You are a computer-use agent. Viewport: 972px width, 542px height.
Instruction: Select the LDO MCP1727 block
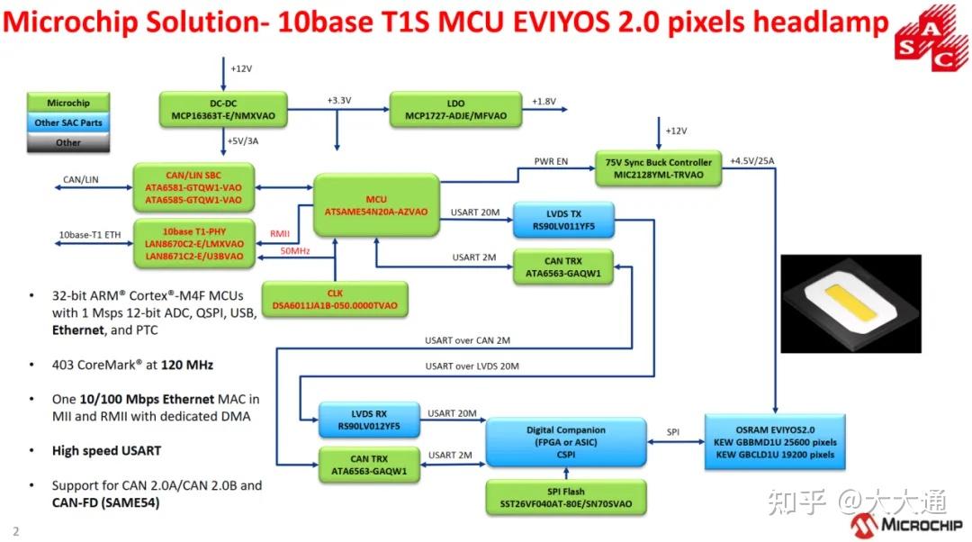point(456,109)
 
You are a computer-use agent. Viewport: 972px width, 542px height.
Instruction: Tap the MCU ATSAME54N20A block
point(376,204)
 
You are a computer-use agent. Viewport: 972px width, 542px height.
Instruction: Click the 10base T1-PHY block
point(194,243)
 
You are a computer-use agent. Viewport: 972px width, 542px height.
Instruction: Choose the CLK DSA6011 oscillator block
point(335,299)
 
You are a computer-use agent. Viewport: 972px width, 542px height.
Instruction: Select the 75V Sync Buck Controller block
point(659,168)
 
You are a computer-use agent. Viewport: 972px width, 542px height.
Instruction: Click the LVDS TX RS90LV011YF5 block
point(562,221)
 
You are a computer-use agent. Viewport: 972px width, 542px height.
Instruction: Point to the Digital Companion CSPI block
point(566,441)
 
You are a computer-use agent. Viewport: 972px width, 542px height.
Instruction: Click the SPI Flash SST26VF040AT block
point(565,497)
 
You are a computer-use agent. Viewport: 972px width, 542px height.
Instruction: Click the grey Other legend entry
point(68,142)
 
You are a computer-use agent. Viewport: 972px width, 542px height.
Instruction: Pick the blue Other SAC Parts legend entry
point(68,122)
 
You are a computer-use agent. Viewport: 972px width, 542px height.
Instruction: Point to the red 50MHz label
point(295,250)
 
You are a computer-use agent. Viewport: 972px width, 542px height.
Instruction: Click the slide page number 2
point(15,531)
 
